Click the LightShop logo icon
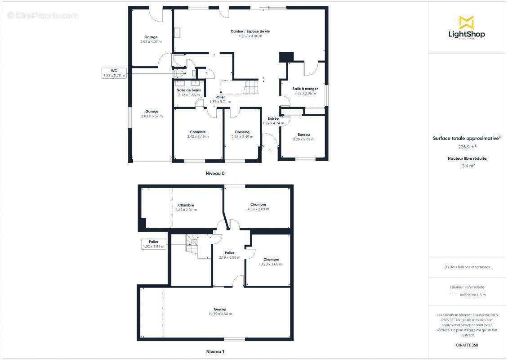(467, 22)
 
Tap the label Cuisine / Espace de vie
(250, 31)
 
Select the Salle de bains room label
(189, 90)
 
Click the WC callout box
(114, 73)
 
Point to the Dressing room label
(242, 132)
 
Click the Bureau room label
(303, 135)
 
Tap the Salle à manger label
(305, 89)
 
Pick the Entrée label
(273, 118)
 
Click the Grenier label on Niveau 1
(220, 310)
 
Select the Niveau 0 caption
(215, 174)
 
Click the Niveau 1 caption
(215, 351)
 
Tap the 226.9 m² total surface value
(467, 147)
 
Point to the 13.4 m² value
(467, 166)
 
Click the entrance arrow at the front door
(270, 150)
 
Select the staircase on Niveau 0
(252, 86)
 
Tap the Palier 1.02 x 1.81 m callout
(154, 244)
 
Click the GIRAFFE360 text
(467, 345)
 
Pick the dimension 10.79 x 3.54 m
(220, 314)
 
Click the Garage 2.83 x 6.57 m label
(152, 114)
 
